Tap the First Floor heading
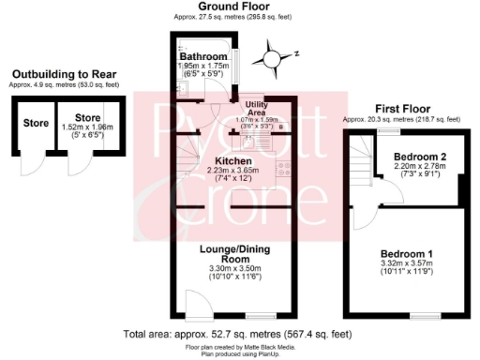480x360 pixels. click(401, 109)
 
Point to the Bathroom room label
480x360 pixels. click(205, 57)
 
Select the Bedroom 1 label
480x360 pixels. click(407, 255)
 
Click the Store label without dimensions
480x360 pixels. click(36, 123)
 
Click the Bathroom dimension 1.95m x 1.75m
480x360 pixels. click(205, 67)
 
